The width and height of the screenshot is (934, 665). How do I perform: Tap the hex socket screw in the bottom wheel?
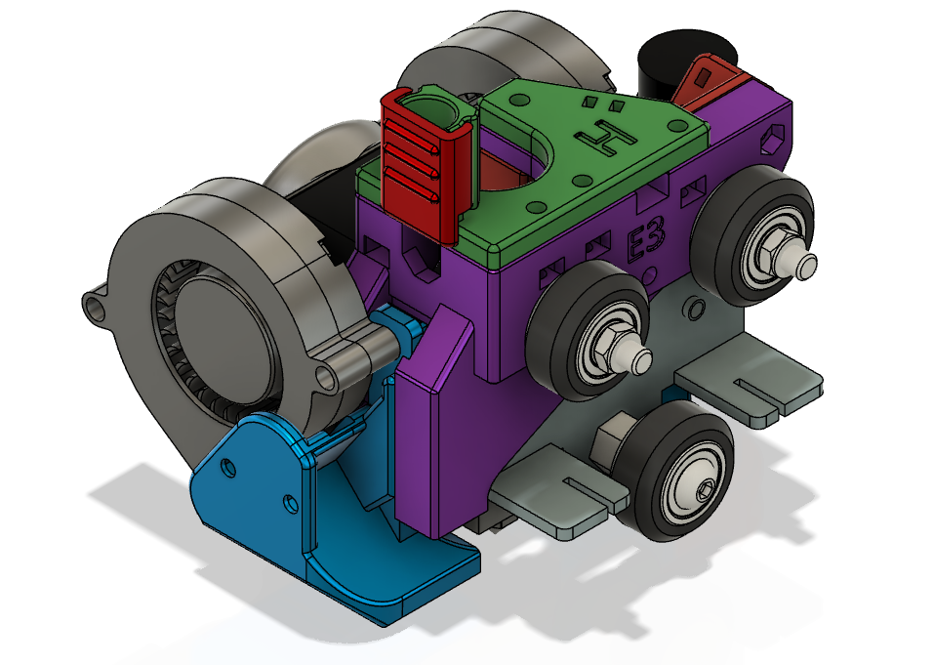tap(703, 491)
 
